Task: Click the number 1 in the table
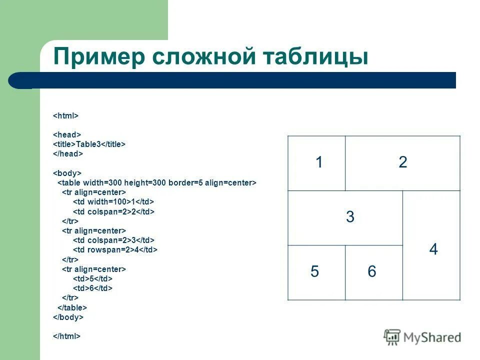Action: click(318, 162)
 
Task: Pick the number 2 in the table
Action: click(403, 162)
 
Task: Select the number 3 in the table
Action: click(350, 217)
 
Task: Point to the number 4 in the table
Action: click(433, 249)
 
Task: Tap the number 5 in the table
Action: click(314, 271)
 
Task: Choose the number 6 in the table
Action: click(371, 271)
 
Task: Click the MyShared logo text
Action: click(431, 337)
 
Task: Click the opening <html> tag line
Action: click(66, 115)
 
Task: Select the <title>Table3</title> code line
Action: click(89, 144)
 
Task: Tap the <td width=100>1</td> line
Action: click(113, 201)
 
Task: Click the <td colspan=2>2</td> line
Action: click(114, 211)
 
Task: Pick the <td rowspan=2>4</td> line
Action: click(115, 249)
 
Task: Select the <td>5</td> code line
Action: click(92, 278)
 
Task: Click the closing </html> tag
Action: click(67, 336)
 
